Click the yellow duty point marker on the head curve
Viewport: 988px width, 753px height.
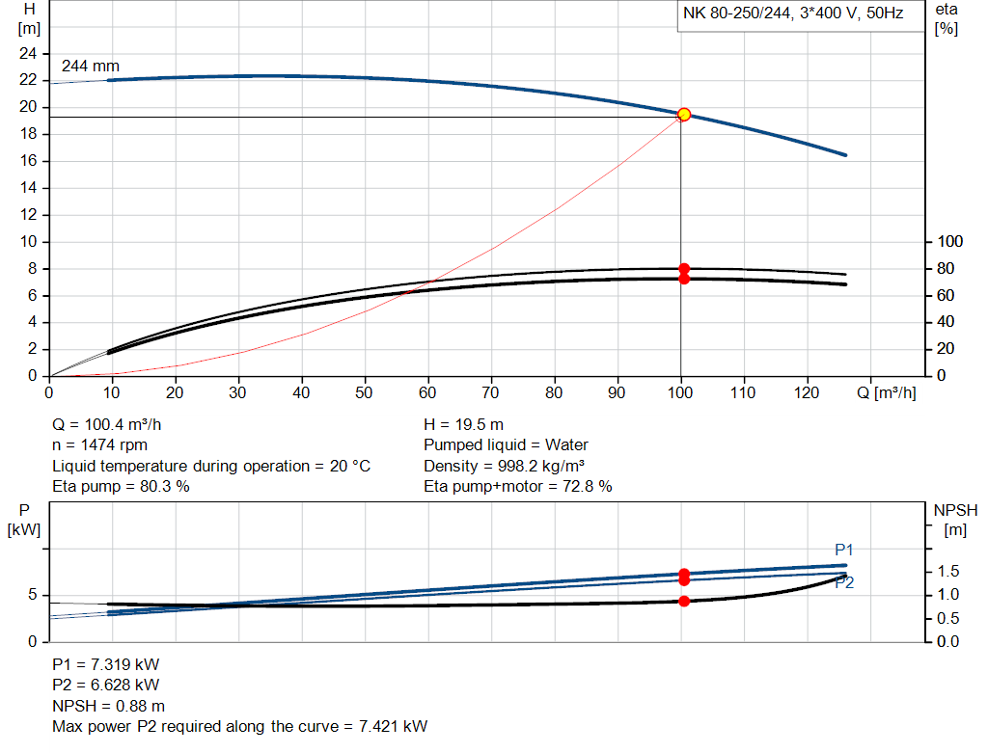pos(684,115)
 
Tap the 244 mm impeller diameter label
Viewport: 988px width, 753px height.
pos(91,67)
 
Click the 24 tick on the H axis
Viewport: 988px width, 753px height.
pos(27,53)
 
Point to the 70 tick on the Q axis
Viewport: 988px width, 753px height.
pos(491,393)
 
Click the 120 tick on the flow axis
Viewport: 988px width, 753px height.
pos(807,393)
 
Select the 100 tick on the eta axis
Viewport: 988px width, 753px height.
pos(949,241)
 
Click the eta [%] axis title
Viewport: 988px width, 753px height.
pos(946,18)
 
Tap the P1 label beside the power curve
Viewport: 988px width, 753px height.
pos(845,550)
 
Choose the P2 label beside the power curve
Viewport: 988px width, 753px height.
pos(844,582)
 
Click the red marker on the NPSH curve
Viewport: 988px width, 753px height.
pos(684,601)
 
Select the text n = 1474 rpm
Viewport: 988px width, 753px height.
pos(99,445)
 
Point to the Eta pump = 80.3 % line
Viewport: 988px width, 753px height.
pos(121,487)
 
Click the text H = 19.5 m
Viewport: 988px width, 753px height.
pos(463,424)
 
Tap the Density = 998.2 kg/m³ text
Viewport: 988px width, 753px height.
pos(505,466)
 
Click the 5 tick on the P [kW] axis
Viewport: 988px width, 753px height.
pos(31,595)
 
